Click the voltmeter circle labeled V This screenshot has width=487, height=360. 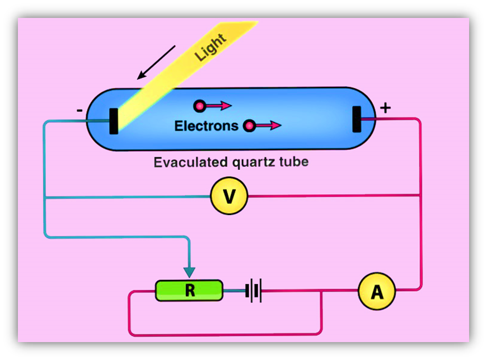[x=228, y=196]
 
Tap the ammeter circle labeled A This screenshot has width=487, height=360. [x=377, y=291]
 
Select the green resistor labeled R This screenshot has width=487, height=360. [x=189, y=291]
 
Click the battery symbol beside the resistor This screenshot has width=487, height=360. [x=254, y=291]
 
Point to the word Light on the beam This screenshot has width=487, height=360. [x=210, y=47]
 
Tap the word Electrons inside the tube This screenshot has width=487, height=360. [x=206, y=125]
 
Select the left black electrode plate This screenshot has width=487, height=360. [x=114, y=120]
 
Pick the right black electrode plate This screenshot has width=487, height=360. [x=357, y=119]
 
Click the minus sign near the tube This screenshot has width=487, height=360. [x=79, y=110]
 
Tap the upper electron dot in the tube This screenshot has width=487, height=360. [x=199, y=105]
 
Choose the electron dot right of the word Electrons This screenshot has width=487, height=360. [x=249, y=126]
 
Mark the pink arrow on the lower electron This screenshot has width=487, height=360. [x=269, y=126]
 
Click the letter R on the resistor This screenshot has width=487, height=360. [x=189, y=291]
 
